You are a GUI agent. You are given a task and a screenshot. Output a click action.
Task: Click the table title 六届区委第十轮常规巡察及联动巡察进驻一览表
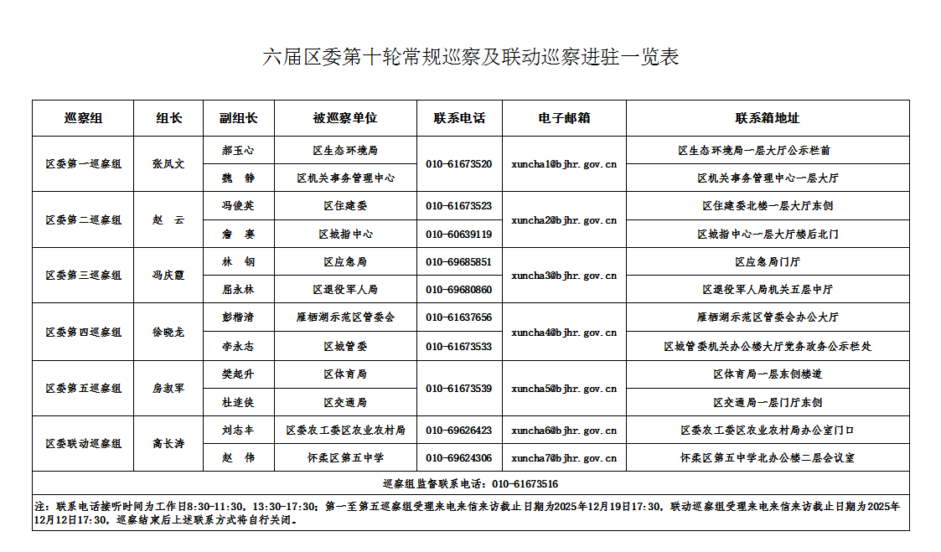click(470, 57)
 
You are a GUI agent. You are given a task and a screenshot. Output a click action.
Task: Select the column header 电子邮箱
click(564, 118)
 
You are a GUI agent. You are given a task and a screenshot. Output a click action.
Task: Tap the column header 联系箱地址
click(768, 118)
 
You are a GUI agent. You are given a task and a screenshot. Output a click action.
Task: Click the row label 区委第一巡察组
click(83, 164)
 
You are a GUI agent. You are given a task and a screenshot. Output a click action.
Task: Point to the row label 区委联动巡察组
click(83, 444)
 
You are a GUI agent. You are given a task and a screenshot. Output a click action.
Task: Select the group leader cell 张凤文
click(168, 164)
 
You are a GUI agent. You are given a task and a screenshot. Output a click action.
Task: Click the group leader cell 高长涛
click(168, 444)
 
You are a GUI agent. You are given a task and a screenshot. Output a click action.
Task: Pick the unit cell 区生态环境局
click(345, 151)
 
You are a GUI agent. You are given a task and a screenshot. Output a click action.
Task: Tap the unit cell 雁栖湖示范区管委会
click(345, 317)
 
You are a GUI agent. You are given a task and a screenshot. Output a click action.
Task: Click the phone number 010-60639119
click(458, 234)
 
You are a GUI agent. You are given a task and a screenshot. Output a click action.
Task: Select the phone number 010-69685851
click(458, 262)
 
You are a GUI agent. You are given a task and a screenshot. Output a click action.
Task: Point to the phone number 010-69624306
click(458, 458)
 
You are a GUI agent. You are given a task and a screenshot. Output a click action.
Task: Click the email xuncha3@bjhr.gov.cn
click(564, 276)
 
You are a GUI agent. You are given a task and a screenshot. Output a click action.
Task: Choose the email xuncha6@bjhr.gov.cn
click(564, 431)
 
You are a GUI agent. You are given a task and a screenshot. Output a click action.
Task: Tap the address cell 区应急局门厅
click(768, 262)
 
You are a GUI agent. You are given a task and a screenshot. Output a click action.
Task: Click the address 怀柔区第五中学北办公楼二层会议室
click(768, 458)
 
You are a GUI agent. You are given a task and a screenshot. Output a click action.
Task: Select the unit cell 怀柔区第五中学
click(345, 458)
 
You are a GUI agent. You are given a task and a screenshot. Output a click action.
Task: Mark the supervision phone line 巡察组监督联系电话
click(470, 484)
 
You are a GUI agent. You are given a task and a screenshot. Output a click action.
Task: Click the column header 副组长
click(238, 118)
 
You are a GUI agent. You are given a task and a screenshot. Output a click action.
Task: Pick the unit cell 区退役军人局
click(345, 290)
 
